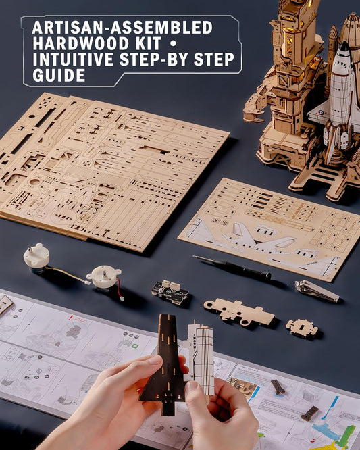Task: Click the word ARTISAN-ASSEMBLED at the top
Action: (122, 28)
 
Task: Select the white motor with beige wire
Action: (36, 257)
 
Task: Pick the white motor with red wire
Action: (105, 276)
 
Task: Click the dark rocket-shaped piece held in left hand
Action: (163, 365)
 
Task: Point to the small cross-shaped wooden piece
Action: (301, 328)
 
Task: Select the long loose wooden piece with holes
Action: (238, 311)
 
